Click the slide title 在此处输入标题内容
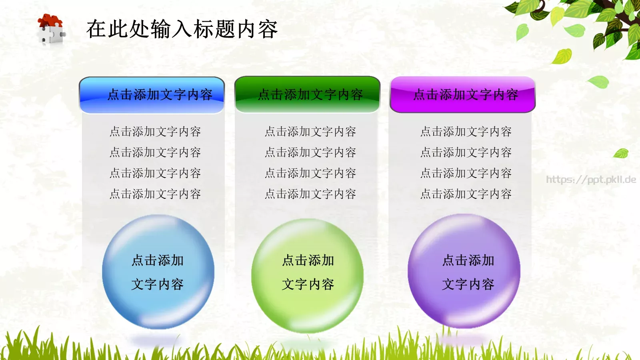[182, 29]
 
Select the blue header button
[152, 95]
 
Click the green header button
[307, 95]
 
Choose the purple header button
[463, 95]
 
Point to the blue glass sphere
[158, 272]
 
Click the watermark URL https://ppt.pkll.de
[591, 180]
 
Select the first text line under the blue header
[155, 132]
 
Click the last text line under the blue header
[155, 194]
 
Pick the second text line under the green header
[310, 152]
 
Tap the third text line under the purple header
[466, 173]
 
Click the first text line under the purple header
[466, 132]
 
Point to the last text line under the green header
[310, 194]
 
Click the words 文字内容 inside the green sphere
[308, 284]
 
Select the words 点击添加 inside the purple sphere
[468, 260]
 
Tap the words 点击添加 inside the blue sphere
[158, 260]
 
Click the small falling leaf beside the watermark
[621, 153]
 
